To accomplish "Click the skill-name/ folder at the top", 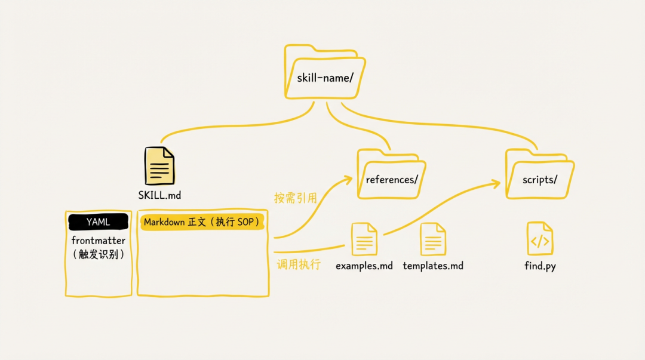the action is (325, 72).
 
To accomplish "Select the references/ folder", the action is (391, 174).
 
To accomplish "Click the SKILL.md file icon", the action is (159, 166).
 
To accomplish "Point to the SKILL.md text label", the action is (159, 195).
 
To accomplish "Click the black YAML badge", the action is (99, 221).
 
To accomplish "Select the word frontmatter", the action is (99, 241).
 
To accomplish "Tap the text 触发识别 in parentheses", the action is (99, 255).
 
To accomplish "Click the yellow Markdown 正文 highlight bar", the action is (202, 222).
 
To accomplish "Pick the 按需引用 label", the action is (296, 198).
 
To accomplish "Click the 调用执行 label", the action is (299, 264).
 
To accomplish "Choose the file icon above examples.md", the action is (364, 239).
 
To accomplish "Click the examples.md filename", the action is (364, 266).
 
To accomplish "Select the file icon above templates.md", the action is (433, 239).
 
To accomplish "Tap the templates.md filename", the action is (433, 266).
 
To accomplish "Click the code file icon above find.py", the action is (540, 239).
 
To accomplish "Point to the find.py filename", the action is (540, 266).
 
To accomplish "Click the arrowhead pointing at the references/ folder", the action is (348, 179).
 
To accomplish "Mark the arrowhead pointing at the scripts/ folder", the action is (496, 183).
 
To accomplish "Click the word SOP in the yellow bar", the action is (245, 222).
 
